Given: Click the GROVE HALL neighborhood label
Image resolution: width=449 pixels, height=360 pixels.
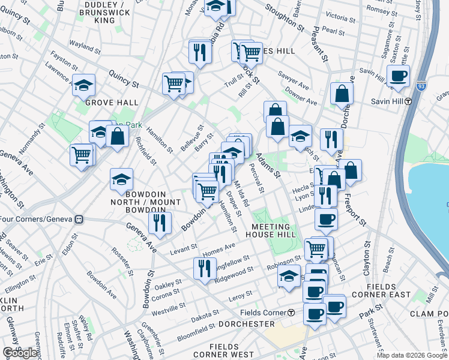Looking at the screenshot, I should tap(112, 103).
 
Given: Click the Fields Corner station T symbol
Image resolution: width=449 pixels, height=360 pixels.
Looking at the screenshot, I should tap(291, 313).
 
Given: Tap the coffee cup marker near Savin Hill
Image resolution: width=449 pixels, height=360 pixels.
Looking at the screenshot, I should tap(398, 76).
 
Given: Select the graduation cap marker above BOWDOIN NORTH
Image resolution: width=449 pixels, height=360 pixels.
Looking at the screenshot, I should tap(122, 179).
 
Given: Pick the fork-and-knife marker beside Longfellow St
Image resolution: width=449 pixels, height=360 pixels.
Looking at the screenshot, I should tap(204, 268).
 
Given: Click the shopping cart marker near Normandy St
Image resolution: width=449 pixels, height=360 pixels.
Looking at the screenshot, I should tap(82, 155).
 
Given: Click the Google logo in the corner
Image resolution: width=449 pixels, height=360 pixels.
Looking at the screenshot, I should tap(20, 353).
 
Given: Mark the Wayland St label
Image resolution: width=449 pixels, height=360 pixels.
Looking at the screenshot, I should tap(84, 44).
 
